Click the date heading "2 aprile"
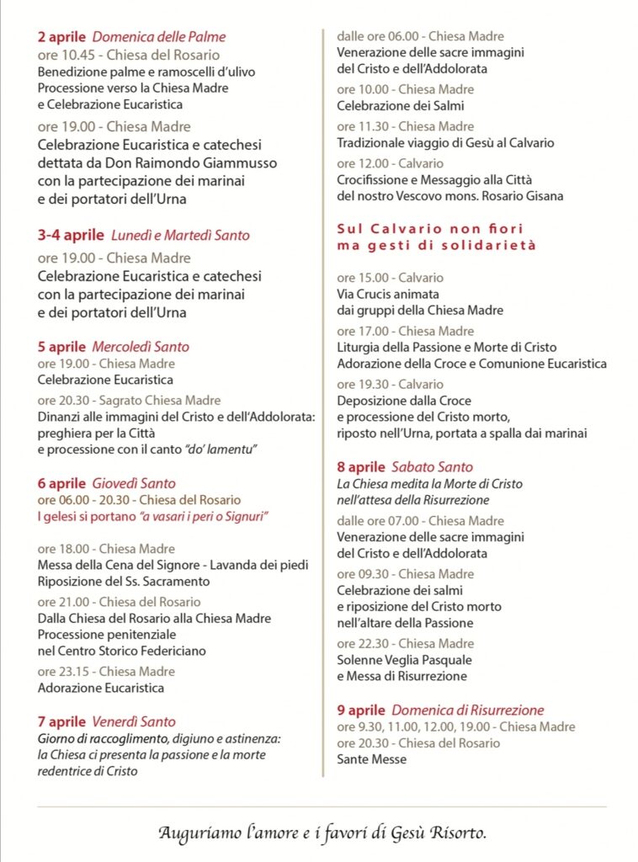61,36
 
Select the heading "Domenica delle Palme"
158,36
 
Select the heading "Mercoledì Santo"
141,346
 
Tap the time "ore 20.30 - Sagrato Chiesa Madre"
129,401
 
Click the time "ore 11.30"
364,126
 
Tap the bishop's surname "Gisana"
541,196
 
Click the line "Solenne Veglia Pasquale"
404,660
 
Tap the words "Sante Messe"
371,759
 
